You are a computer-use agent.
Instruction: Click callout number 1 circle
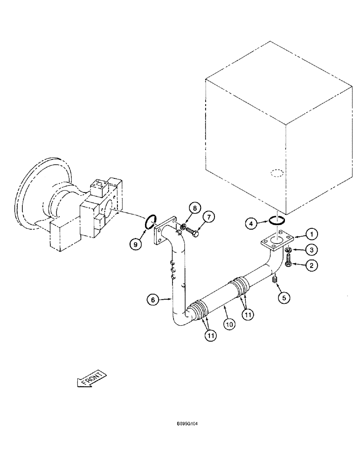click(312, 233)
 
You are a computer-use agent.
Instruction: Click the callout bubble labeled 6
click(152, 300)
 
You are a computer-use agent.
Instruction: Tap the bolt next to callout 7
click(192, 232)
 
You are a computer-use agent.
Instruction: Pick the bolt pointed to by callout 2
click(288, 263)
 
